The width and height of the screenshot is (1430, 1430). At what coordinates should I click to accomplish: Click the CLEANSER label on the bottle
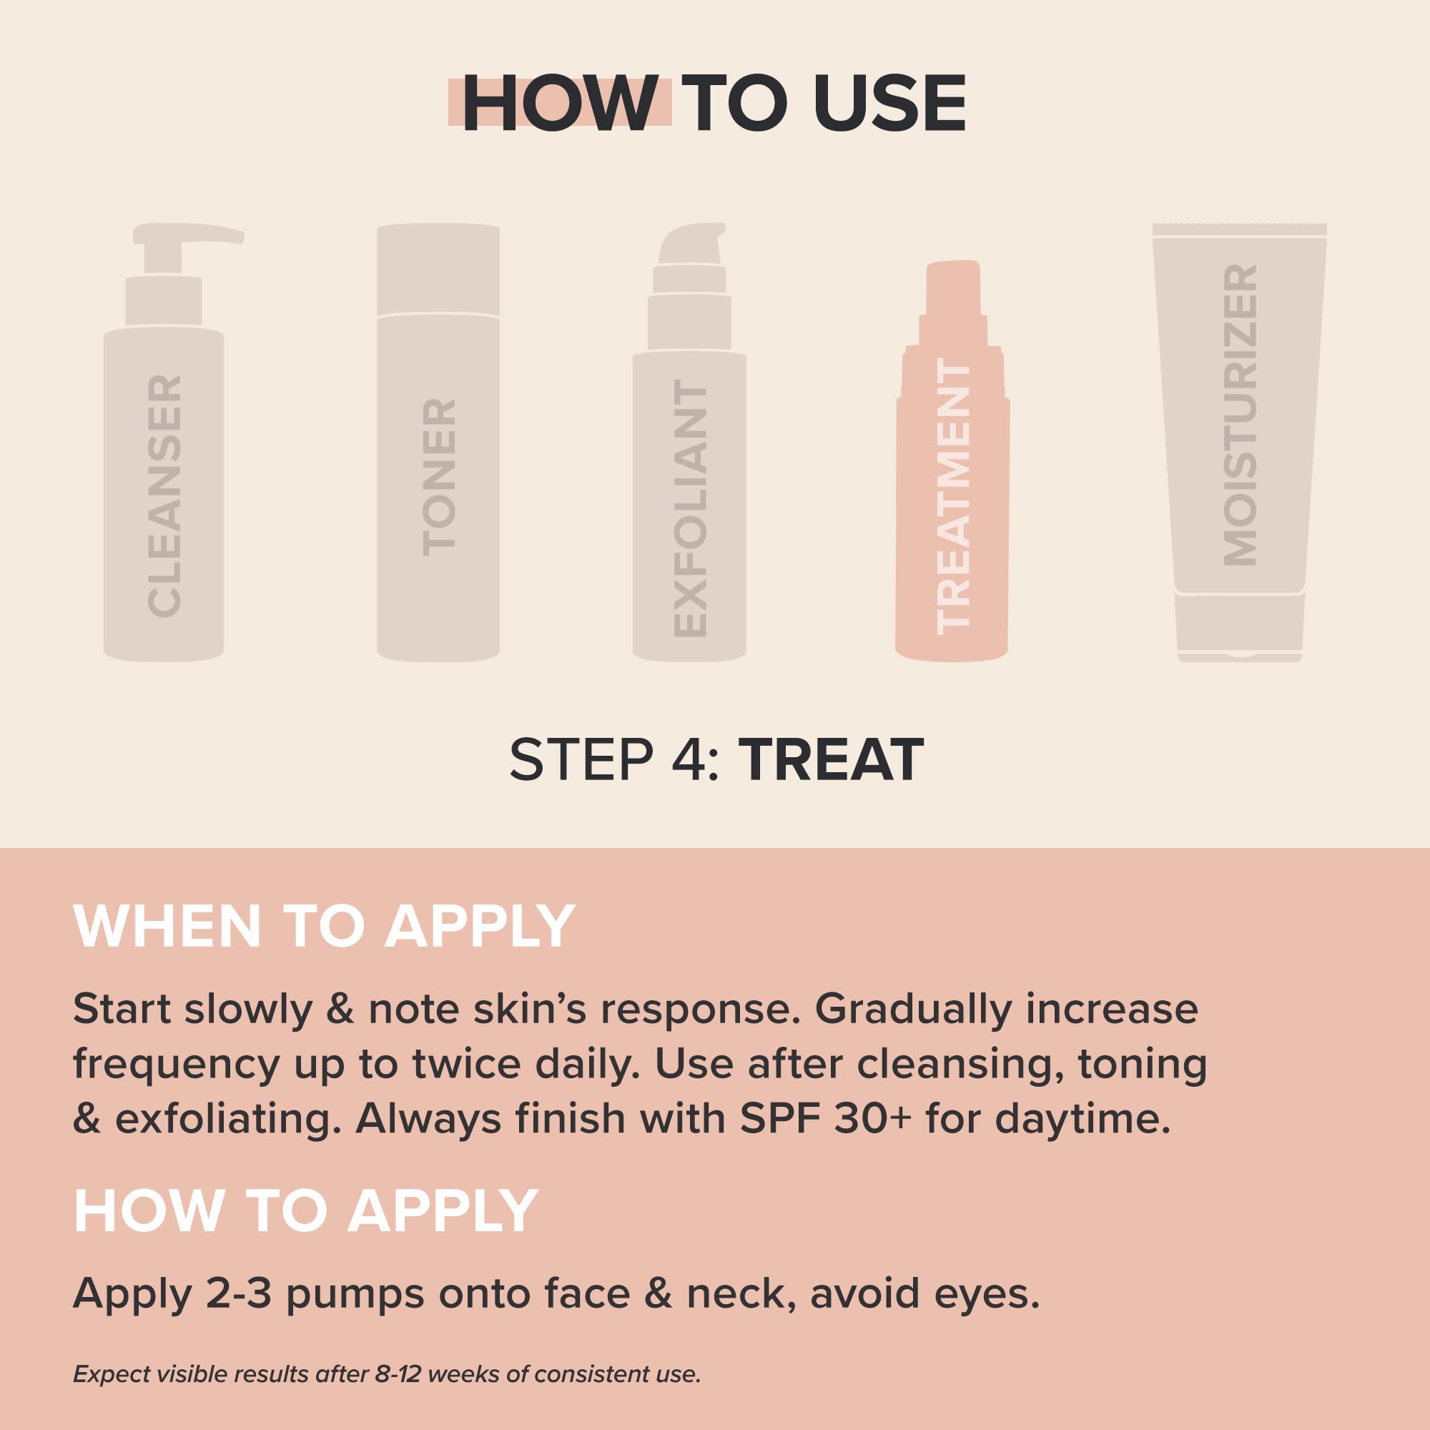[x=164, y=496]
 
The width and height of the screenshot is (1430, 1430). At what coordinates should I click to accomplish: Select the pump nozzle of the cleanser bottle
[x=194, y=234]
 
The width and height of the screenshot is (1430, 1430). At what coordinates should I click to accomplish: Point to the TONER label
[x=439, y=478]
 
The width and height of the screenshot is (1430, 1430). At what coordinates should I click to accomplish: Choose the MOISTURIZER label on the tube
[x=1240, y=415]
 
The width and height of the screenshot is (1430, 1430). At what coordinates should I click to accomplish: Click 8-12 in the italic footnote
[x=399, y=1374]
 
